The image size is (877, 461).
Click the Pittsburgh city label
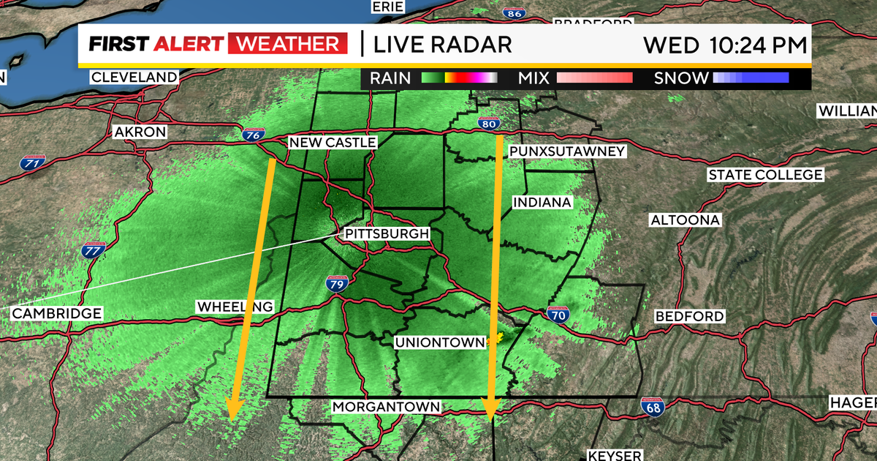[x=387, y=233]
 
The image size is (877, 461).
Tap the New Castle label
[x=333, y=142]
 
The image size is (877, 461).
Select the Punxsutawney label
[x=568, y=151]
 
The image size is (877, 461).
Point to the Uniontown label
[x=440, y=342]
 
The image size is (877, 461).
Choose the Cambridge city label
[x=56, y=313]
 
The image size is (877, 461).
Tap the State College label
[x=765, y=175]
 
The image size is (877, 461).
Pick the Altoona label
[x=686, y=220]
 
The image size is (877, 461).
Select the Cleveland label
[x=134, y=77]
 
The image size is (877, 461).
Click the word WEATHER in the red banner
[x=287, y=44]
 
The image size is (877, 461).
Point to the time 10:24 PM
[x=759, y=45]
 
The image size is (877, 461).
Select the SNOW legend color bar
[x=751, y=78]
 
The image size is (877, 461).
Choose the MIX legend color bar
[x=594, y=78]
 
